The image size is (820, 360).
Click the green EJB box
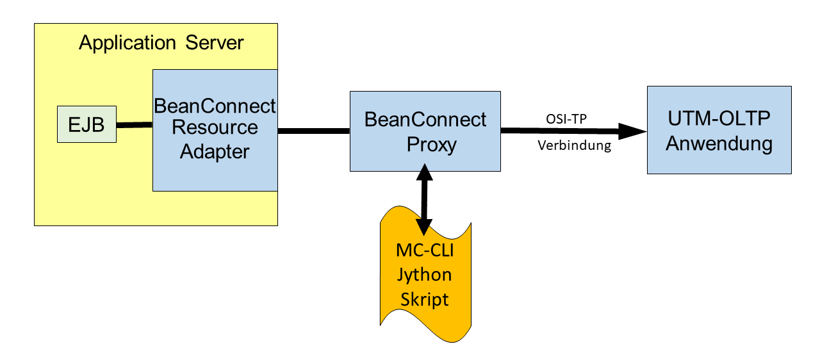(x=86, y=124)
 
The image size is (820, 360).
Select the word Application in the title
(x=127, y=43)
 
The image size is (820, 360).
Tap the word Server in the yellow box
(x=215, y=43)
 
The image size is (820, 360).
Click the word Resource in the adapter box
(x=215, y=127)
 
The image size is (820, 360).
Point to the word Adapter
(x=215, y=152)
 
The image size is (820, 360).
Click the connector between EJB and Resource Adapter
(x=135, y=125)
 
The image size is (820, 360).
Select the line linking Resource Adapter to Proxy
(x=314, y=131)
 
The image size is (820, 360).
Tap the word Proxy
(x=432, y=145)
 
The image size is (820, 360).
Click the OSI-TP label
(x=566, y=119)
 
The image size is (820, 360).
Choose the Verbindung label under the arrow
(x=575, y=145)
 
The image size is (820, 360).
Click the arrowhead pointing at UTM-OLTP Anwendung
(x=632, y=131)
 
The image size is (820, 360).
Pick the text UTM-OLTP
(x=719, y=119)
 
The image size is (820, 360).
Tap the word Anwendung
(x=719, y=143)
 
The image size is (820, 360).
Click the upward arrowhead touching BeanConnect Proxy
(x=425, y=172)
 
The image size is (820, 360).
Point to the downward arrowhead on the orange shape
(x=424, y=227)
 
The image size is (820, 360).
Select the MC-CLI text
(x=425, y=250)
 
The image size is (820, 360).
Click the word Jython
(x=425, y=275)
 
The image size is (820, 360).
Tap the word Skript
(x=425, y=300)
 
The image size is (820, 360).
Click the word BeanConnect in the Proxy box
(x=425, y=120)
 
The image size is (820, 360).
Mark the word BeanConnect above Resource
(x=215, y=106)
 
